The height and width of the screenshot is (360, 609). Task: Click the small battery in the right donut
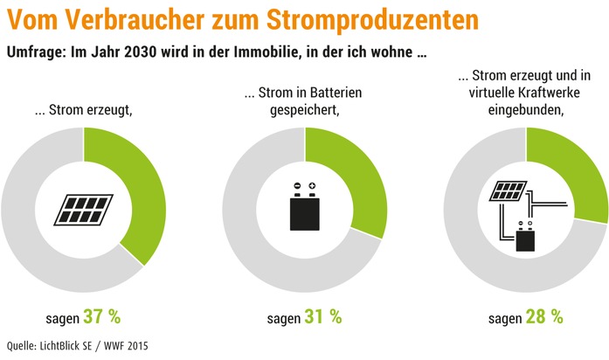tap(526, 236)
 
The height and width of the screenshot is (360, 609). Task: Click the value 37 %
tap(102, 315)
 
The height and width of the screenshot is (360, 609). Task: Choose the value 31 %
tap(323, 315)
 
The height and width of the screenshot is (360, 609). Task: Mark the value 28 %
tap(544, 315)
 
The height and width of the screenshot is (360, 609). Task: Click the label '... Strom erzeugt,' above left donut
tap(84, 110)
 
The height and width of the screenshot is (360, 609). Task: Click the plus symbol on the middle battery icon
tap(312, 186)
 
